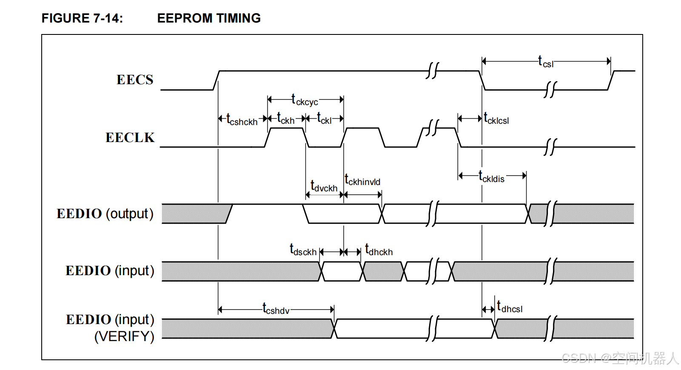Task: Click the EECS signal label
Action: (135, 80)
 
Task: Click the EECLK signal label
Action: (130, 137)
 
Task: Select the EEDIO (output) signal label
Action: (105, 213)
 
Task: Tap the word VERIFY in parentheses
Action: (124, 336)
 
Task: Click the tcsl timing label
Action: (546, 61)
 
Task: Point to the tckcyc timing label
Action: (305, 100)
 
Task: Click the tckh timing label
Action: (286, 118)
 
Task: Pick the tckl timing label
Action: (324, 118)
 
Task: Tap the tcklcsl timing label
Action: (496, 118)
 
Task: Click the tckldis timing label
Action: (491, 176)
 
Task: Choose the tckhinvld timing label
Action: (362, 179)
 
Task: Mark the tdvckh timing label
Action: (324, 186)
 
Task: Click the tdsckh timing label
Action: (303, 250)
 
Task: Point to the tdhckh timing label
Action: (379, 250)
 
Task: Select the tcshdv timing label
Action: (276, 309)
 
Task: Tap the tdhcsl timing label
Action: (510, 307)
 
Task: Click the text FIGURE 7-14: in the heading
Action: (82, 18)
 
